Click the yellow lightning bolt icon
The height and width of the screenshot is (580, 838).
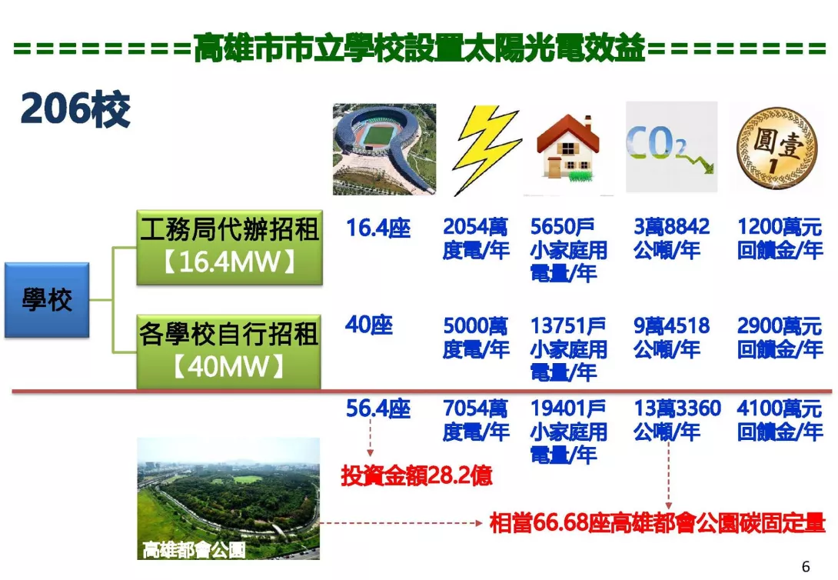pos(484,151)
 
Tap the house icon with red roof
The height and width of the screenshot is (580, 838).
pos(567,148)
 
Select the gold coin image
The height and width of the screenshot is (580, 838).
pos(776,148)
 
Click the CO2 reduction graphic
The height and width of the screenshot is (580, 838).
pos(671,147)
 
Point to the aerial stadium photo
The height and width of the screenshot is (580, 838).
pos(384,149)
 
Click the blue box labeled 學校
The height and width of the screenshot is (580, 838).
pos(47,300)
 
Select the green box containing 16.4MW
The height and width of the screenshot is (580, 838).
pos(229,247)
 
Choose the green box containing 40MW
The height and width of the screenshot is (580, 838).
pos(229,352)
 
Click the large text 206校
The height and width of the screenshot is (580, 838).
pos(75,109)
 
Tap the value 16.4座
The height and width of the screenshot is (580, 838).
pos(377,228)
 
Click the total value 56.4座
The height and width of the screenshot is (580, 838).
pos(377,409)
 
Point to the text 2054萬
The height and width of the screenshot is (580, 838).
pos(475,227)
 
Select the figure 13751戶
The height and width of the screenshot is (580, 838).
pos(567,326)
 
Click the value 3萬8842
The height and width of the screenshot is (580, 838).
pos(671,227)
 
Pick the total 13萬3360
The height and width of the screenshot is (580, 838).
pos(677,408)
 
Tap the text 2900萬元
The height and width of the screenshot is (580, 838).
pos(780,326)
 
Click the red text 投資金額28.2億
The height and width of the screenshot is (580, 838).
pos(417,475)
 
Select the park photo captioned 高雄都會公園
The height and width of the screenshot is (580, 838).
pos(228,498)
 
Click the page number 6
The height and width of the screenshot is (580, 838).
pos(806,566)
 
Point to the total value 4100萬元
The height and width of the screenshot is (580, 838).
pos(780,408)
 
